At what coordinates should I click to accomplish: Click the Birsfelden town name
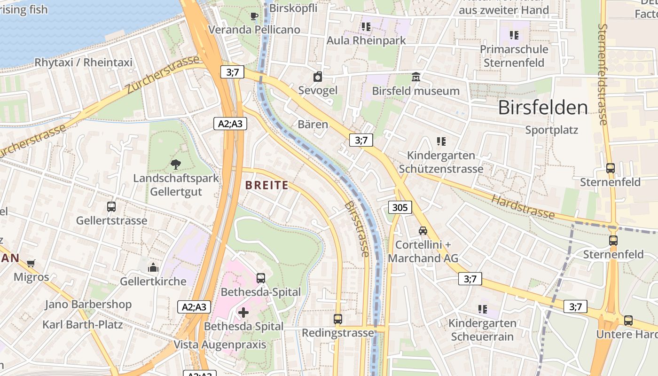point(543,108)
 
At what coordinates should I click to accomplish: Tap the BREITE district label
point(267,185)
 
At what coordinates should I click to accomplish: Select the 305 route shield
point(400,207)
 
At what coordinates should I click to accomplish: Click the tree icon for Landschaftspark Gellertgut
point(176,164)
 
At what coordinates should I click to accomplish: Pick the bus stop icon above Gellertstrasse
point(111,206)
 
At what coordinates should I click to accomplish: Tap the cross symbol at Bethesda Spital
point(243,312)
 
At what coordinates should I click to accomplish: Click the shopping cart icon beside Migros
point(31,263)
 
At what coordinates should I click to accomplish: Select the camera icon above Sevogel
point(318,77)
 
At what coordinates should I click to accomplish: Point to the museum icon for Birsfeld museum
point(415,77)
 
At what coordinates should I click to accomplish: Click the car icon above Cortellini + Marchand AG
point(423,231)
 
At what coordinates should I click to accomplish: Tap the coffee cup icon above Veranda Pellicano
point(254,16)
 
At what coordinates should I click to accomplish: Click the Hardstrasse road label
point(523,206)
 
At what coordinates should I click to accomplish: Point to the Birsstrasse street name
point(357,229)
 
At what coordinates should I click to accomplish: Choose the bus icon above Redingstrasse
point(337,319)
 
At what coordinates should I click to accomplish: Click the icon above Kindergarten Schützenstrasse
point(441,141)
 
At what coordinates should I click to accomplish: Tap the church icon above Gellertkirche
point(153,268)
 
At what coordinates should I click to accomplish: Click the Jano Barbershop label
point(88,304)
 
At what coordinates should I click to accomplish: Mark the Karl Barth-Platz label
point(83,324)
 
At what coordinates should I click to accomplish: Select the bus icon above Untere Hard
point(628,321)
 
